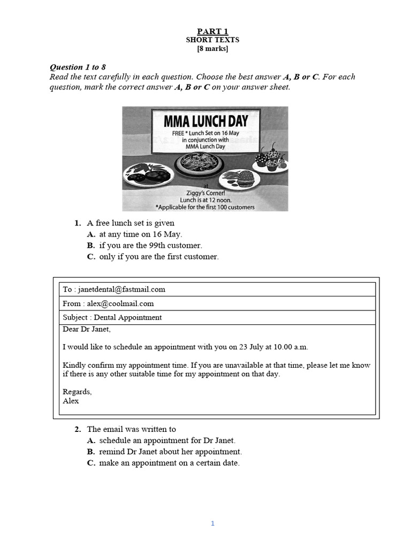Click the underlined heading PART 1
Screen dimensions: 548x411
[x=212, y=32]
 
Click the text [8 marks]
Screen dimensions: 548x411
[x=212, y=49]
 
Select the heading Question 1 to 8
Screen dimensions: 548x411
[x=78, y=67]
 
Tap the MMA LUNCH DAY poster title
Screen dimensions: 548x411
[x=207, y=120]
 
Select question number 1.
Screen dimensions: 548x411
[x=78, y=223]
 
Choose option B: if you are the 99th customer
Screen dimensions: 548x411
[x=150, y=245]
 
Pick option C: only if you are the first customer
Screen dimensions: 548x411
[x=158, y=256]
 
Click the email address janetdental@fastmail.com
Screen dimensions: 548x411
[x=121, y=289]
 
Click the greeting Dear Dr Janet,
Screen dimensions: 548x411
[x=87, y=329]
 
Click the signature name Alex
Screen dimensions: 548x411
[x=71, y=400]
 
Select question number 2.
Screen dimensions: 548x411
[x=78, y=429]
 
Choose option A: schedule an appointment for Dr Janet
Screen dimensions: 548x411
[x=166, y=440]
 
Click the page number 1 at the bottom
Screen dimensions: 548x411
[x=212, y=523]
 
